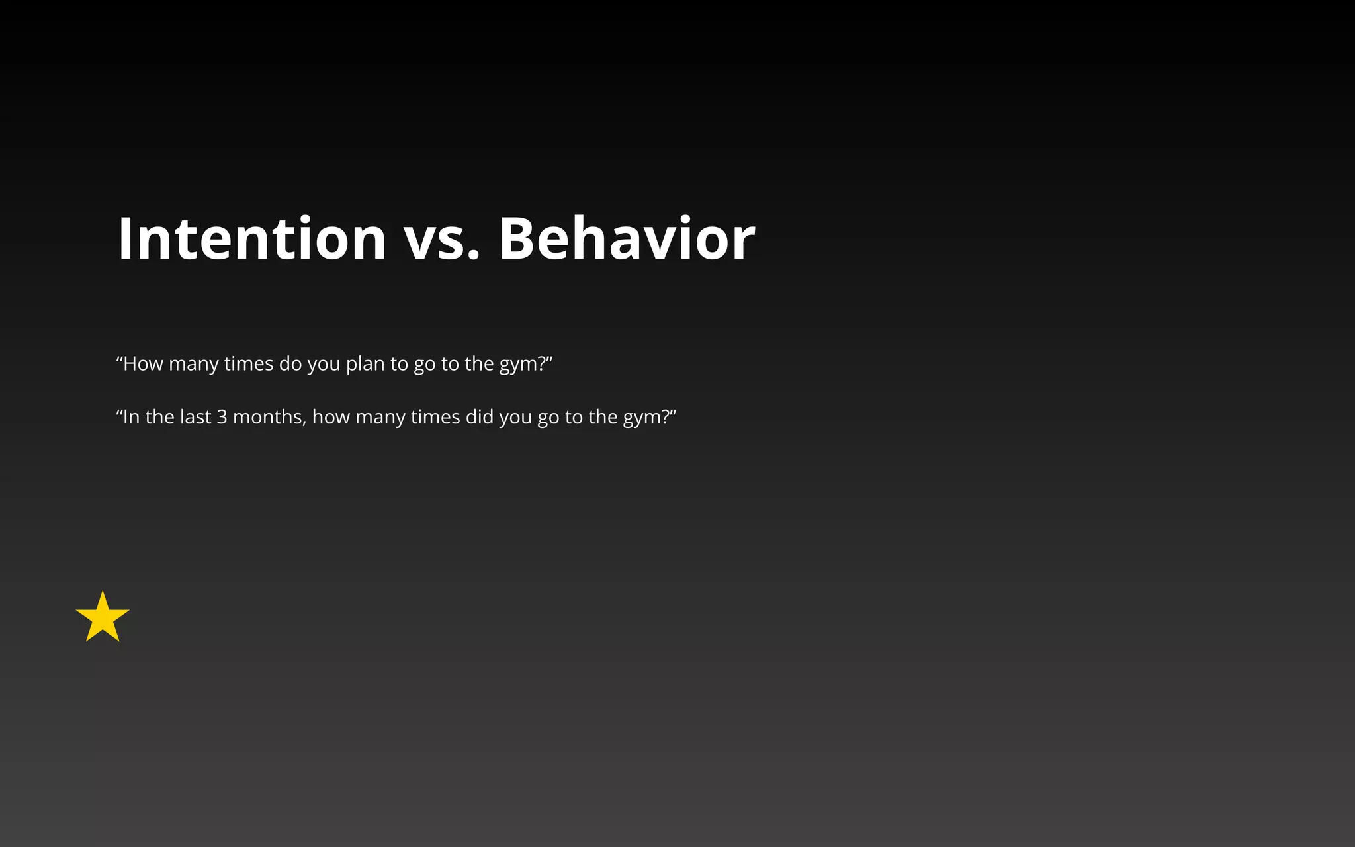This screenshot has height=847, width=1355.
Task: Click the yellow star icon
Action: click(x=103, y=618)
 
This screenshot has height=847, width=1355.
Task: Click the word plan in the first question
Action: click(x=365, y=365)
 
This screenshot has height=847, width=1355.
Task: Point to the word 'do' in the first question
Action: click(x=290, y=364)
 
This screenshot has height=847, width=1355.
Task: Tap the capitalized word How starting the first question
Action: click(x=143, y=364)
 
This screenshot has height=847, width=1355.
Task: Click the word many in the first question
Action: click(x=194, y=365)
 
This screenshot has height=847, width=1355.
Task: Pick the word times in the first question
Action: click(x=249, y=364)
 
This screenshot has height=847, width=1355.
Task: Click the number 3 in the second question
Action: click(x=222, y=417)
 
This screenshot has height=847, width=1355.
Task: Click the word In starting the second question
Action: click(x=131, y=417)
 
